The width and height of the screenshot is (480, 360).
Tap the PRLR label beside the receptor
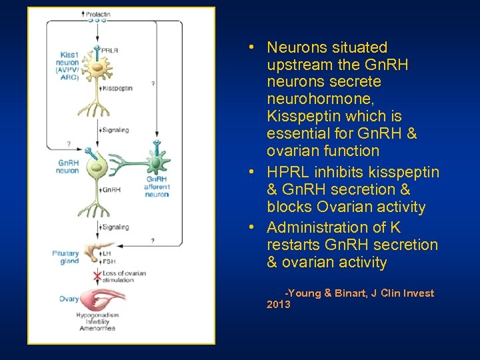110,50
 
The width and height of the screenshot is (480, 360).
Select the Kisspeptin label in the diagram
117,88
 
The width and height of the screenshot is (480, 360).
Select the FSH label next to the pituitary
107,262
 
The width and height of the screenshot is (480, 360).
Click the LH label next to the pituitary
106,253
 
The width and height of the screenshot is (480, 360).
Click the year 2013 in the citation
278,305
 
